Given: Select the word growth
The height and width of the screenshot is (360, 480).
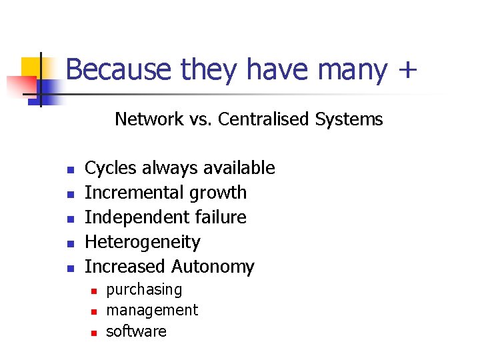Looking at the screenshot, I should [x=218, y=193].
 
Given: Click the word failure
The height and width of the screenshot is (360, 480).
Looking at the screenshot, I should [x=218, y=217].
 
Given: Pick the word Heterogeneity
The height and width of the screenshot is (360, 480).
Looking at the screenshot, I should [x=143, y=242].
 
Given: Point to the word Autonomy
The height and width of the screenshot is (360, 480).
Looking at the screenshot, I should [x=213, y=267].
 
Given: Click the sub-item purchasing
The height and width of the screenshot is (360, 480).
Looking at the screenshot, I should [x=144, y=290].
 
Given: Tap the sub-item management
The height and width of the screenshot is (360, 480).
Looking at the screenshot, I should [x=152, y=310].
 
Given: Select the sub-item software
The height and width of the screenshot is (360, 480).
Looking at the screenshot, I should [x=137, y=331].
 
